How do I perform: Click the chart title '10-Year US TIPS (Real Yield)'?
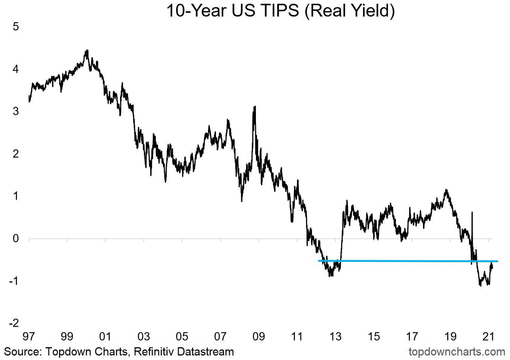(280, 11)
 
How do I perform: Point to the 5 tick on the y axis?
(16, 27)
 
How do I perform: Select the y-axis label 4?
(16, 69)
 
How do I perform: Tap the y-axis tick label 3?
(16, 111)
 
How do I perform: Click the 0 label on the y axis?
(16, 238)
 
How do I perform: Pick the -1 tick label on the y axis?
(14, 281)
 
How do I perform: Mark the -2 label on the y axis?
(14, 323)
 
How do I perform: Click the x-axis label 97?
(29, 336)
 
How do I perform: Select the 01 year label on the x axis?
(105, 336)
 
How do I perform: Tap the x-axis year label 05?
(182, 336)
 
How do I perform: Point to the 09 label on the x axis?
(259, 336)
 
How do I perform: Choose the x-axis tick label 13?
(335, 336)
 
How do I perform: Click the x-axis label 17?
(412, 336)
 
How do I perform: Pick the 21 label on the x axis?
(488, 336)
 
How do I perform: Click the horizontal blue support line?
(406, 261)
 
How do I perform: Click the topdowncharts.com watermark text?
(457, 352)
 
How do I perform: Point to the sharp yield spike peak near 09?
(255, 107)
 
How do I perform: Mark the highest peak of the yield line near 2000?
(87, 50)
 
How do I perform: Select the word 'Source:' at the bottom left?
(23, 352)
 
